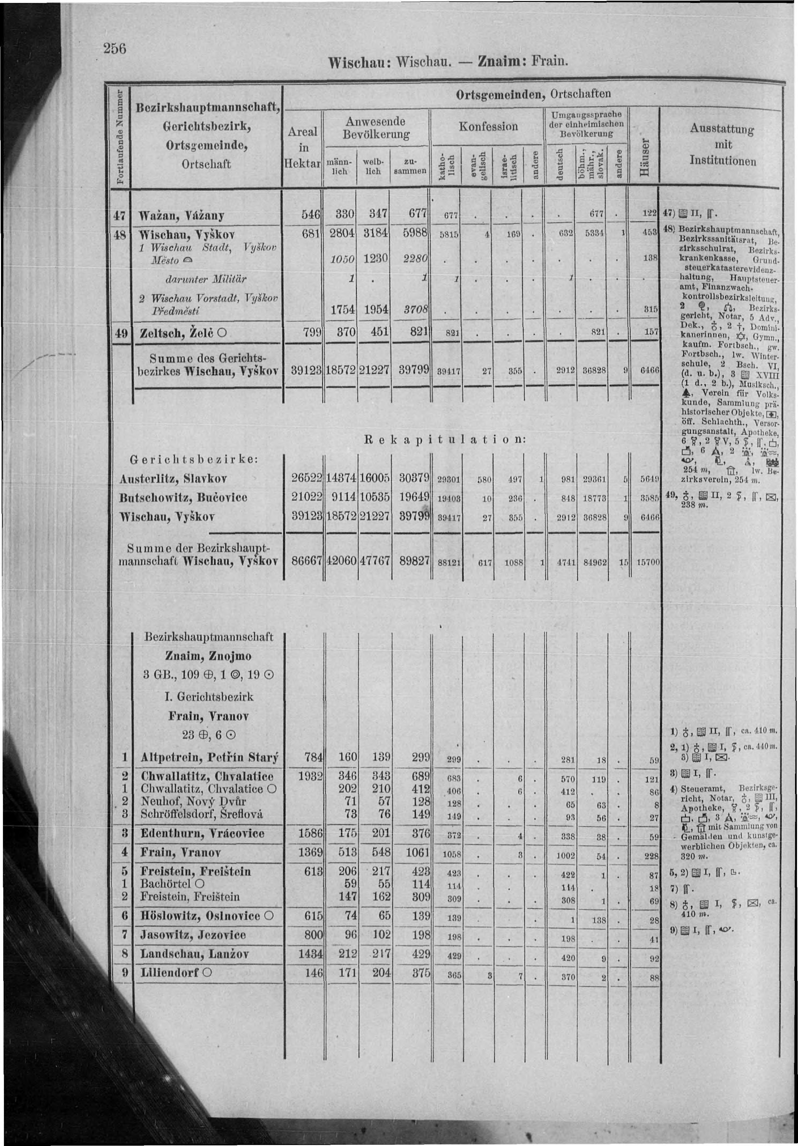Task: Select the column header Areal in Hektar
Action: click(x=302, y=147)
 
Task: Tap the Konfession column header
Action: click(x=488, y=127)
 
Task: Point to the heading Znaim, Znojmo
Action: click(x=208, y=656)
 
